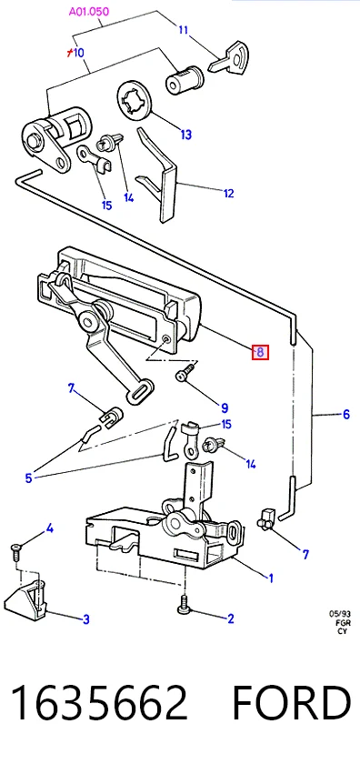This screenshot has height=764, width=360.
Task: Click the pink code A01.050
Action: click(89, 11)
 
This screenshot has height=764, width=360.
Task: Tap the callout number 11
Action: click(183, 30)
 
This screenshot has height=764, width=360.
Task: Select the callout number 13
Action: click(186, 135)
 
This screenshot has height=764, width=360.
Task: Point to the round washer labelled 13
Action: click(135, 99)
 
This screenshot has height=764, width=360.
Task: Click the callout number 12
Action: click(228, 194)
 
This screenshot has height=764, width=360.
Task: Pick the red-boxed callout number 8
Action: click(260, 352)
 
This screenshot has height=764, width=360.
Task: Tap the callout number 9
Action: click(224, 408)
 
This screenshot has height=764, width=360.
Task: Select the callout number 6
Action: click(345, 414)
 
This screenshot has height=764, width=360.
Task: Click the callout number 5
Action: click(28, 478)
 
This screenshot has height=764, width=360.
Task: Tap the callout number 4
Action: click(49, 528)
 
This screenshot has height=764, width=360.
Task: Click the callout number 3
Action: click(85, 619)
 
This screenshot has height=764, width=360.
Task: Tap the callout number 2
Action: click(230, 618)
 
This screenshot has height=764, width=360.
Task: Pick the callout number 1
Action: click(271, 578)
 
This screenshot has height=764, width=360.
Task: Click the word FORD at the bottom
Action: click(291, 702)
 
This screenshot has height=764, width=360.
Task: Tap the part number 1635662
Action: click(99, 702)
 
